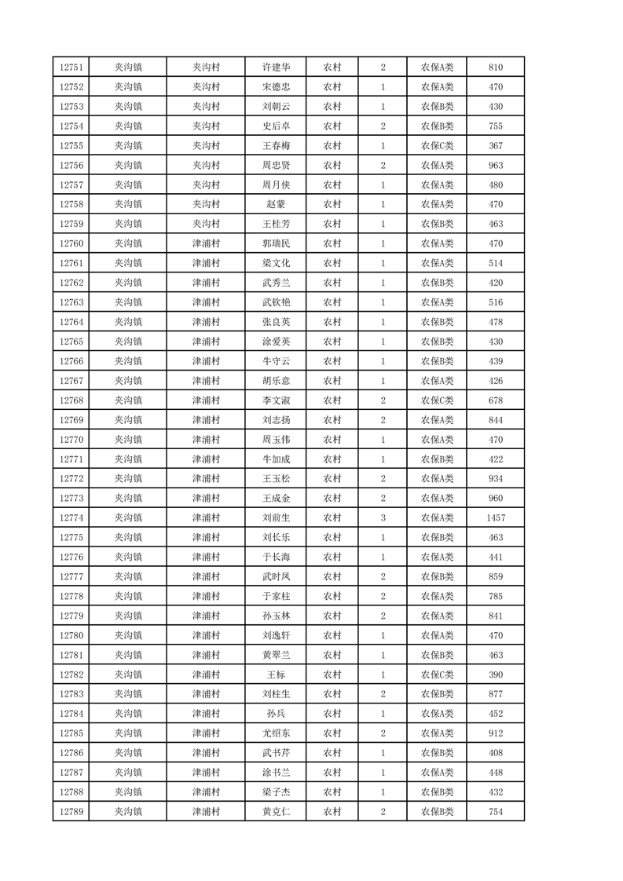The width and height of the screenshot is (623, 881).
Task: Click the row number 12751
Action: tap(71, 68)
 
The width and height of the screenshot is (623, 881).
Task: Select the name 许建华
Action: tap(276, 68)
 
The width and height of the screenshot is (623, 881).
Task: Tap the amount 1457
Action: tap(496, 517)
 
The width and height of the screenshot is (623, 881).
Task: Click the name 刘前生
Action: tap(276, 517)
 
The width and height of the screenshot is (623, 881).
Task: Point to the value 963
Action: tap(496, 165)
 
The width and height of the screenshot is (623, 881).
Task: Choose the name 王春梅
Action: tap(276, 145)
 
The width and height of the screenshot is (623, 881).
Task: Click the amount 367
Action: tap(496, 145)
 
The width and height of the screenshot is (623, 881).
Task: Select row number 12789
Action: tap(71, 811)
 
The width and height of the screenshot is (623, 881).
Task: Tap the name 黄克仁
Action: tap(276, 811)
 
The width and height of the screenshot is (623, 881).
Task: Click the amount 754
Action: tap(496, 811)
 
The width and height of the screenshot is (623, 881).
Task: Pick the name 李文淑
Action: tap(276, 400)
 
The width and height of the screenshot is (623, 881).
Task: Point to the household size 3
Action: tap(383, 517)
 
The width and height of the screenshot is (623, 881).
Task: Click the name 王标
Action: tap(276, 674)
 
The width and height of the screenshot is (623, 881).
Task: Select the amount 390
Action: tap(496, 674)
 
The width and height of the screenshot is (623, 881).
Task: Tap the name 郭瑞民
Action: tap(276, 243)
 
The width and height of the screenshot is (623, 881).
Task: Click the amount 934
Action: tap(496, 478)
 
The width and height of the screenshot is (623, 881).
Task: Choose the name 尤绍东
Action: tap(276, 733)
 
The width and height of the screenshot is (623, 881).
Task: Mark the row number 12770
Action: tap(71, 439)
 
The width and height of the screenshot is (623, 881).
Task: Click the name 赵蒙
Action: tap(276, 204)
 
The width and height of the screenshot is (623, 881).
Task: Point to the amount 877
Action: tap(496, 694)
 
